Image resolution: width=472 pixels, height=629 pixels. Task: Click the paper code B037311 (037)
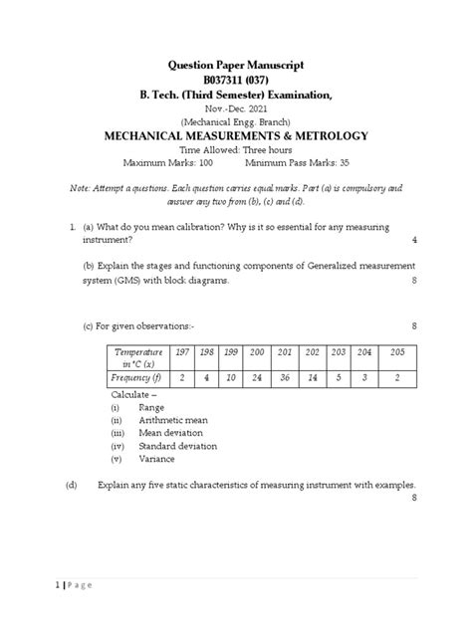tap(235, 80)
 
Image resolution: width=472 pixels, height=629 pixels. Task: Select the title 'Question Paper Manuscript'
tap(235, 64)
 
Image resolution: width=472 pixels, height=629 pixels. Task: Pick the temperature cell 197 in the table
tap(182, 353)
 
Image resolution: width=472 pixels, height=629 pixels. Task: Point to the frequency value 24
tap(257, 379)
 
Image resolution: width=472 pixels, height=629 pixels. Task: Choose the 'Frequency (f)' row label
tap(136, 379)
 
